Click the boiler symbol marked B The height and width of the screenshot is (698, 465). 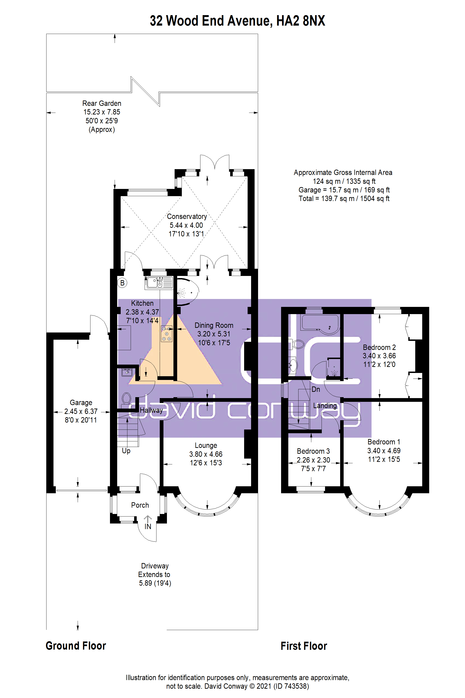pyautogui.click(x=122, y=283)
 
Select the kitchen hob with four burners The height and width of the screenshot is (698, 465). pyautogui.click(x=167, y=334)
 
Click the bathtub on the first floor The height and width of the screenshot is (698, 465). pyautogui.click(x=320, y=324)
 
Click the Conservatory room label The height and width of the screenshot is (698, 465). pyautogui.click(x=187, y=217)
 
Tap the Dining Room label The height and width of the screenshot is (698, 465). pyautogui.click(x=214, y=325)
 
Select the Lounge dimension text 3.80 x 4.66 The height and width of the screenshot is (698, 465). pyautogui.click(x=206, y=454)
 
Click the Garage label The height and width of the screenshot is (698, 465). pyautogui.click(x=81, y=403)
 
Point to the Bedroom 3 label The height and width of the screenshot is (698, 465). pyautogui.click(x=313, y=451)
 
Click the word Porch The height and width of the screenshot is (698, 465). pyautogui.click(x=140, y=505)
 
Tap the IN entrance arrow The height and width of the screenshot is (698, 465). pyautogui.click(x=148, y=519)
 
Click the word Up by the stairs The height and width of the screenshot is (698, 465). pyautogui.click(x=126, y=451)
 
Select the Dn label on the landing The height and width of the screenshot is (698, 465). pyautogui.click(x=316, y=389)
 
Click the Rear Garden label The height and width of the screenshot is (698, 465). pyautogui.click(x=102, y=103)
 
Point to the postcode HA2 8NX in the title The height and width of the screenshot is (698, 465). pyautogui.click(x=301, y=21)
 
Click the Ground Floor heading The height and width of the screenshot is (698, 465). pyautogui.click(x=76, y=646)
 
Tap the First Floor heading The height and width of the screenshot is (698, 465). pyautogui.click(x=304, y=646)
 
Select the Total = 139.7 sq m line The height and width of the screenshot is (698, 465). pyautogui.click(x=344, y=198)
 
